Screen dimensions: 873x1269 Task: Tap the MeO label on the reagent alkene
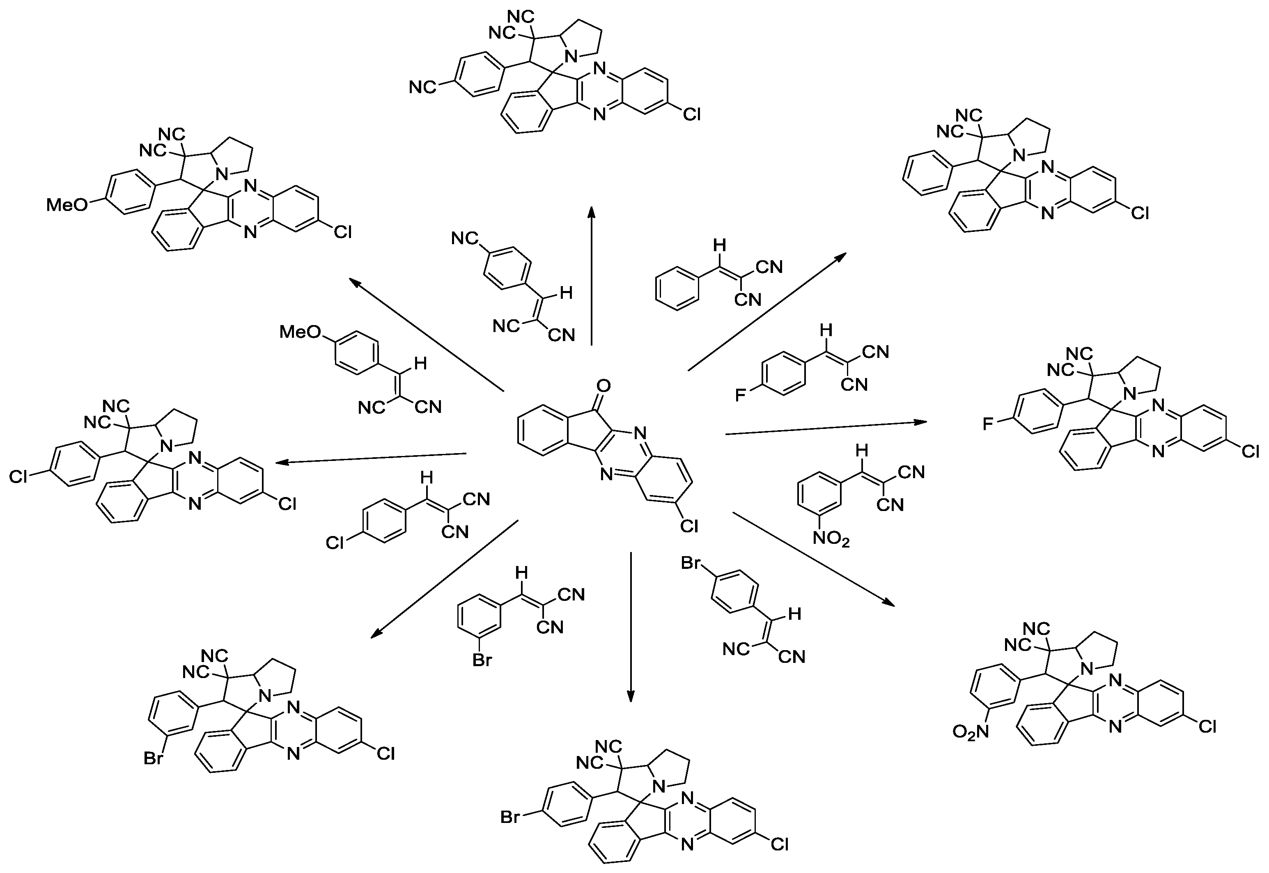tap(300, 332)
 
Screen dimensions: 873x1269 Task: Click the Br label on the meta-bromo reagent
tap(482, 661)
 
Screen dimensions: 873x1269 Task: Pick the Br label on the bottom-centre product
tap(510, 818)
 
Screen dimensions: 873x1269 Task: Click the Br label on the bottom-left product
tap(154, 758)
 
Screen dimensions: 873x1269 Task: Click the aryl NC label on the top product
tap(422, 87)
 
